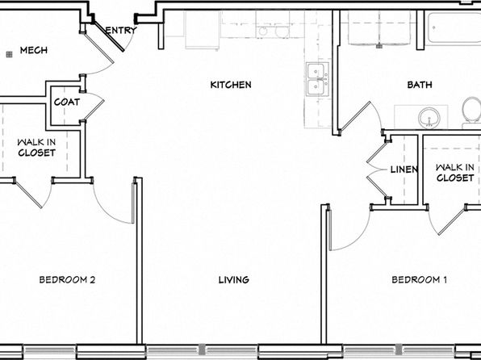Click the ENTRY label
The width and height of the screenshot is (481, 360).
pyautogui.click(x=121, y=30)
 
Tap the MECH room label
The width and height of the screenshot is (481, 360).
pyautogui.click(x=34, y=50)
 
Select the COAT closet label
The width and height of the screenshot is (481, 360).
pyautogui.click(x=67, y=102)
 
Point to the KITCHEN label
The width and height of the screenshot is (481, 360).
pyautogui.click(x=231, y=85)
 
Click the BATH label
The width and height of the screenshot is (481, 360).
pyautogui.click(x=420, y=85)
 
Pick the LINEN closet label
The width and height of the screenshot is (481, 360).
pyautogui.click(x=404, y=170)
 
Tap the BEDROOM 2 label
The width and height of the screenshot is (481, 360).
pyautogui.click(x=67, y=279)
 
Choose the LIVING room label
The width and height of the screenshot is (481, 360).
pyautogui.click(x=234, y=279)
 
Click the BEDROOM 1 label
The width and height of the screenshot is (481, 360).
pyautogui.click(x=419, y=279)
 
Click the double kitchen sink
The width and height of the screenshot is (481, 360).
pyautogui.click(x=317, y=79)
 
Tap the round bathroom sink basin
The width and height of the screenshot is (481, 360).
pyautogui.click(x=429, y=118)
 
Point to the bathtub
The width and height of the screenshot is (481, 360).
pyautogui.click(x=453, y=28)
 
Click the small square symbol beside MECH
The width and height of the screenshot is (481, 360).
pyautogui.click(x=9, y=55)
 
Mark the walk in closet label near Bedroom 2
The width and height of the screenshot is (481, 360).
pyautogui.click(x=36, y=148)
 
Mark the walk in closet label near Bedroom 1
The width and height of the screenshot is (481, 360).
pyautogui.click(x=455, y=173)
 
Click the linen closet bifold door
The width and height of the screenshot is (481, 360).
pyautogui.click(x=377, y=170)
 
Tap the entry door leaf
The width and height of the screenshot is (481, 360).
pyautogui.click(x=109, y=36)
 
